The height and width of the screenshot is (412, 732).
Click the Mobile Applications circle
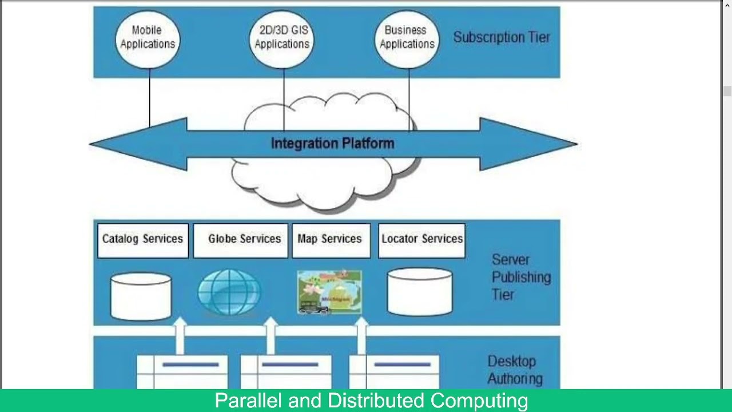(148, 37)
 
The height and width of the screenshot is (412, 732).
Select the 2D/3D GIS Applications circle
(282, 37)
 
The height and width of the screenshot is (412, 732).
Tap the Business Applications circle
(407, 37)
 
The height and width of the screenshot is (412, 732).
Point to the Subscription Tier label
(501, 37)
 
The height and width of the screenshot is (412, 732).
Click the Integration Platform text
(332, 143)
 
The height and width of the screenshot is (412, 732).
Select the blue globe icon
(229, 292)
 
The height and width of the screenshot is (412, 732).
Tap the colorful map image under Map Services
(329, 292)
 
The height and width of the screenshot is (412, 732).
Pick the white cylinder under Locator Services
(420, 292)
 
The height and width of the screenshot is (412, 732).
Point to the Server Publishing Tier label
(520, 278)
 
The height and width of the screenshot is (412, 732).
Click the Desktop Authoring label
(515, 370)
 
